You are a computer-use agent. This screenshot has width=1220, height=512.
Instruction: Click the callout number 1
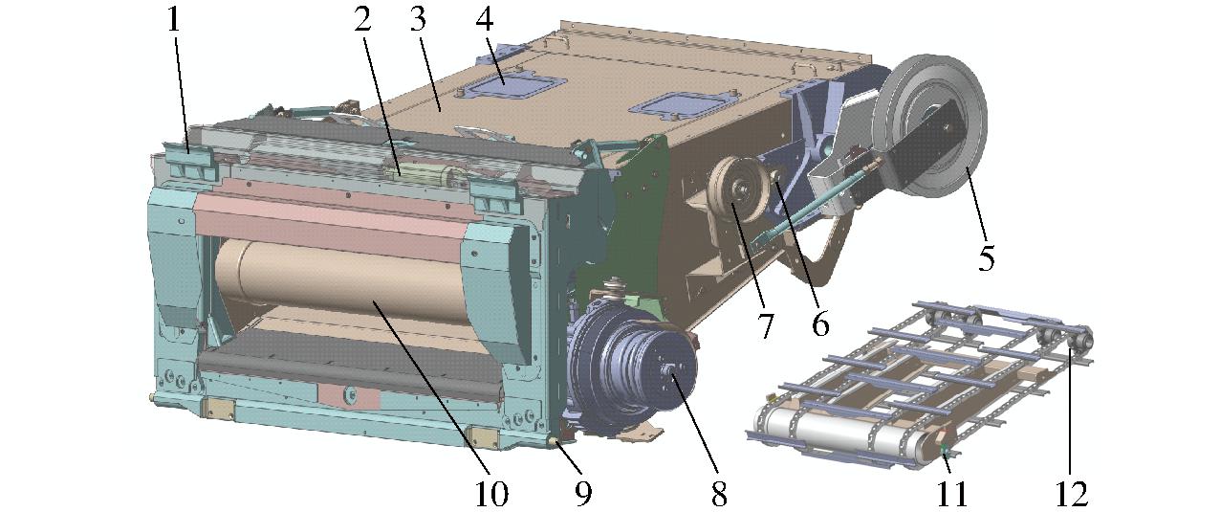tap(173, 21)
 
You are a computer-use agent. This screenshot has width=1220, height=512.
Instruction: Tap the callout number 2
tap(362, 21)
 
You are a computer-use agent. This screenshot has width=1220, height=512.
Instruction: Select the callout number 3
tap(418, 21)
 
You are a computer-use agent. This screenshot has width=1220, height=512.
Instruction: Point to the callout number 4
tap(484, 21)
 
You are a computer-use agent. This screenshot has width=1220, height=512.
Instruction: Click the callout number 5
tap(987, 257)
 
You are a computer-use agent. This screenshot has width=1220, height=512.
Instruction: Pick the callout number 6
tap(820, 324)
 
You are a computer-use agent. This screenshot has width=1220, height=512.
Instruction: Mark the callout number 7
tap(765, 325)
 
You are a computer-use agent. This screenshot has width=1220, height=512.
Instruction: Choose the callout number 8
tap(719, 494)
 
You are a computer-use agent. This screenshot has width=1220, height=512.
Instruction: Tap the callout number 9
tap(583, 494)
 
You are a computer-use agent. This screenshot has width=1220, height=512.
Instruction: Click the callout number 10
tap(491, 494)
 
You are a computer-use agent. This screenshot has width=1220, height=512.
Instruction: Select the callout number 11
tap(951, 494)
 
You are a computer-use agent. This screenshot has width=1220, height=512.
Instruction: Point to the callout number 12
tap(1071, 494)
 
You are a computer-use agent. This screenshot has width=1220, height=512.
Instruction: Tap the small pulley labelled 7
tap(742, 189)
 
